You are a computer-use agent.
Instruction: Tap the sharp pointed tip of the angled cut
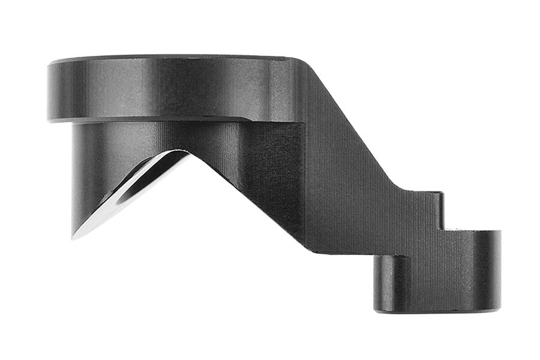(x=73, y=238)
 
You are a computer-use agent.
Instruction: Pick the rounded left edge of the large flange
(x=49, y=90)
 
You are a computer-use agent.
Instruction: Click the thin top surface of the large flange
(x=168, y=58)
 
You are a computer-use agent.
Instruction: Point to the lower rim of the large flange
(x=150, y=119)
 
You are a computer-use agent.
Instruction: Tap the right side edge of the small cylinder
(x=499, y=270)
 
